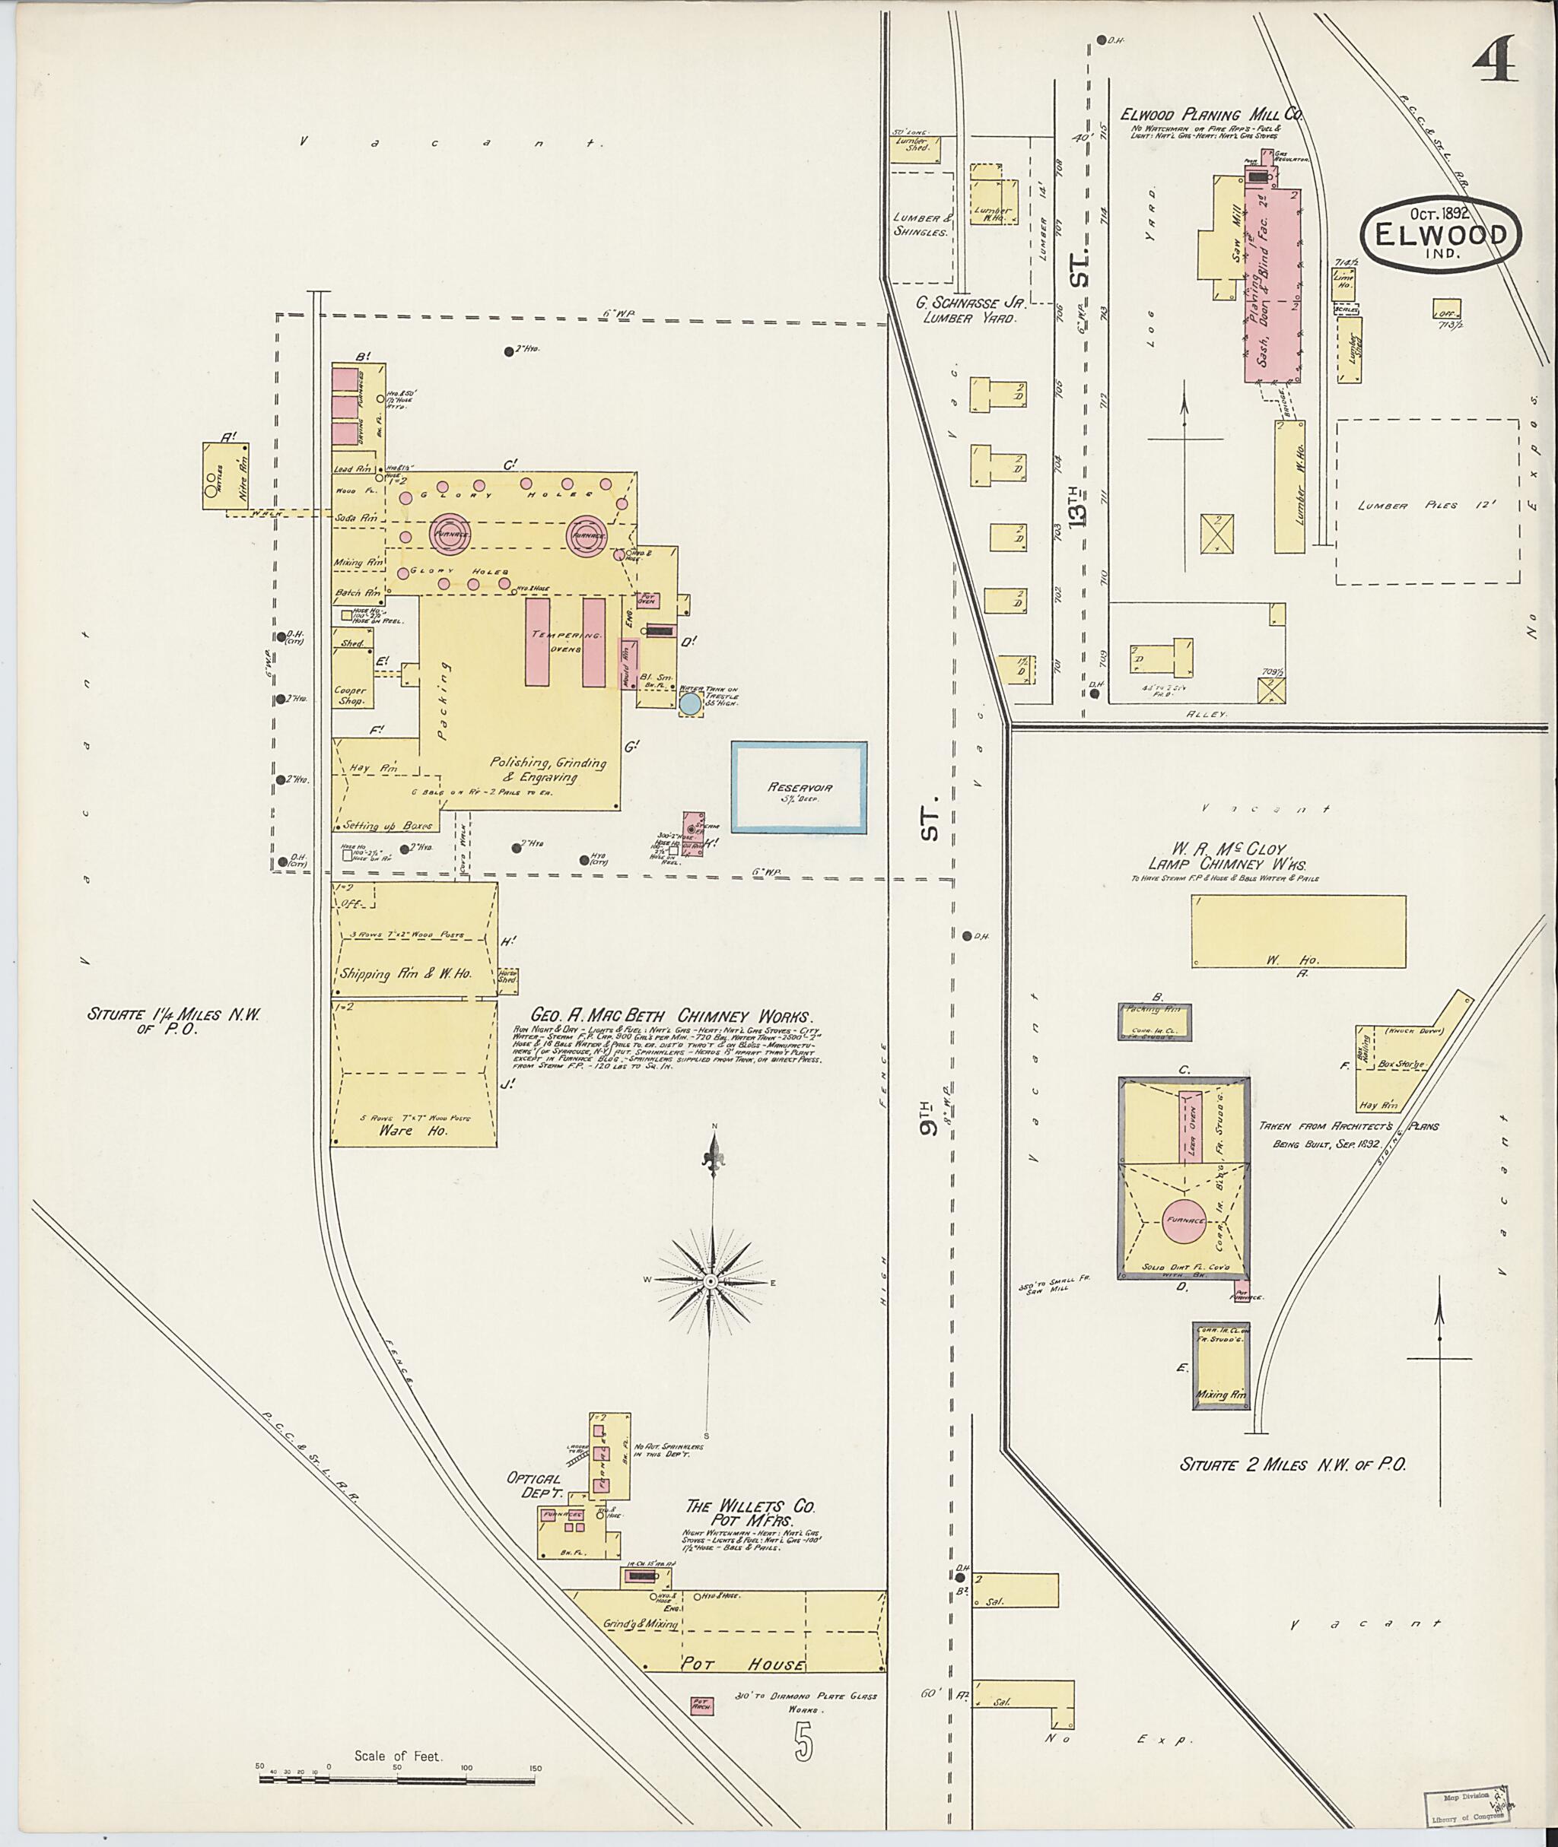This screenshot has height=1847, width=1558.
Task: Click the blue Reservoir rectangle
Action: (x=799, y=788)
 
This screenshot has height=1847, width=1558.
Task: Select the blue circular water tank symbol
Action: (x=690, y=703)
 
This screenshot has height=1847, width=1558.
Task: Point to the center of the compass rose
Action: (x=709, y=1281)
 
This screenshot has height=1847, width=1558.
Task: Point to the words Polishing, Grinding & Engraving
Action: (x=548, y=769)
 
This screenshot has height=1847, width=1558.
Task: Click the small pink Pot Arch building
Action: (x=702, y=1705)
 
